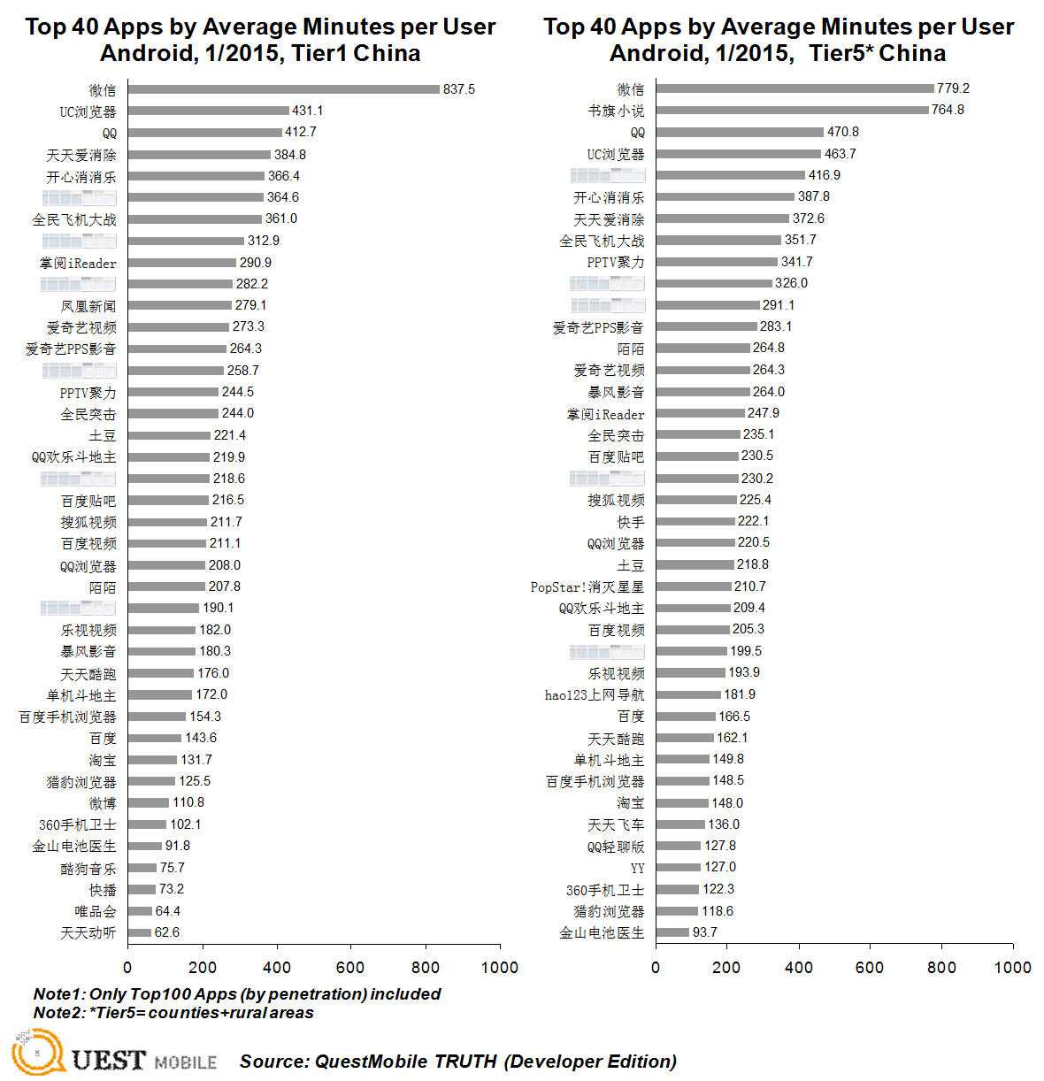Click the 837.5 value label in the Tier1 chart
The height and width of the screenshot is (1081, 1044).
[x=459, y=89]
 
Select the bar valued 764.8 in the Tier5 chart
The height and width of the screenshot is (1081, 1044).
[x=792, y=111]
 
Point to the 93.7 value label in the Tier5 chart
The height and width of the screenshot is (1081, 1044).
[x=705, y=932]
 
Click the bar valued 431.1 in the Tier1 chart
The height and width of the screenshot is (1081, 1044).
[x=208, y=111]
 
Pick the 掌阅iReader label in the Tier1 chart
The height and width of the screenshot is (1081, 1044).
[x=78, y=263]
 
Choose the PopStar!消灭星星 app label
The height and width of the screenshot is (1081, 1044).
[x=587, y=587]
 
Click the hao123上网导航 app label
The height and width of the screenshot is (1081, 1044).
[x=595, y=695]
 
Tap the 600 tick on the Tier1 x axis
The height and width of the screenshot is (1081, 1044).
[x=351, y=967]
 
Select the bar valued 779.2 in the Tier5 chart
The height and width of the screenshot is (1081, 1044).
[x=795, y=88]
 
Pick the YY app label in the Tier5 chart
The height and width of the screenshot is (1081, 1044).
[x=637, y=868]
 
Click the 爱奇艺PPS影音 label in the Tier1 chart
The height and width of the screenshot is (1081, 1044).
[x=71, y=349]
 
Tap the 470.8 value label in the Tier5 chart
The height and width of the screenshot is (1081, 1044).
[x=842, y=132]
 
